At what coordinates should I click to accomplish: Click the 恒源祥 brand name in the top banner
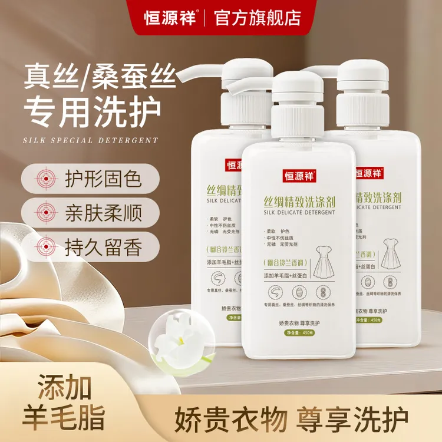pos(171,17)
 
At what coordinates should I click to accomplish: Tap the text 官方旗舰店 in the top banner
pos(259,17)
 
